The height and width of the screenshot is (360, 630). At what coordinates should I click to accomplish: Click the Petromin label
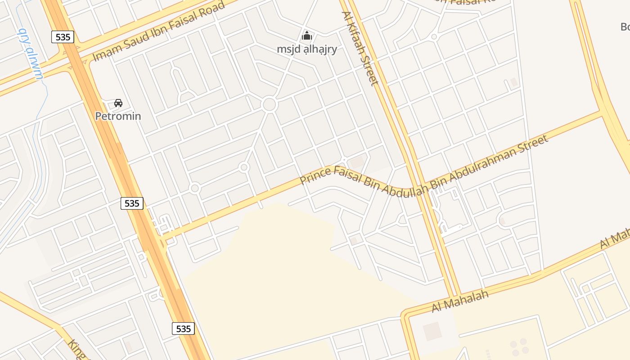click(x=118, y=116)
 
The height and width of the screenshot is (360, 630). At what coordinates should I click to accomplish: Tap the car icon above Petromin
click(x=118, y=103)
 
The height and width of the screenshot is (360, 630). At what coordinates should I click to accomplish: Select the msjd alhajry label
click(x=307, y=49)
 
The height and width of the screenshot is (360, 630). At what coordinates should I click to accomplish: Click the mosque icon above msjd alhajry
click(x=307, y=36)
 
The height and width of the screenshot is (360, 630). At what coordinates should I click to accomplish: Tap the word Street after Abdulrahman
click(x=535, y=144)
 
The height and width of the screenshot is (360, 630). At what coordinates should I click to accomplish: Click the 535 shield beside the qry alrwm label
click(x=63, y=37)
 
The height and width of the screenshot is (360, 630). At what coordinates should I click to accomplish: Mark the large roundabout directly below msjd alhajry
click(x=269, y=104)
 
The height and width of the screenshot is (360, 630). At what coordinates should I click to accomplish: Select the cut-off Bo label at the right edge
click(x=625, y=27)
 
